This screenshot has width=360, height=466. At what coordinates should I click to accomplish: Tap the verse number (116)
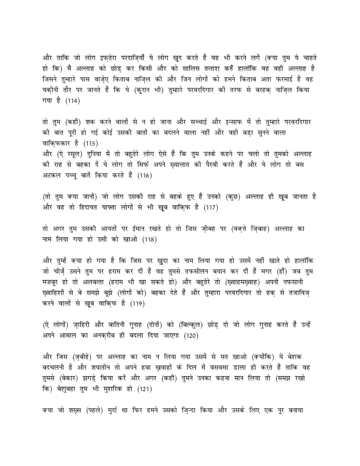(144, 175)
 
